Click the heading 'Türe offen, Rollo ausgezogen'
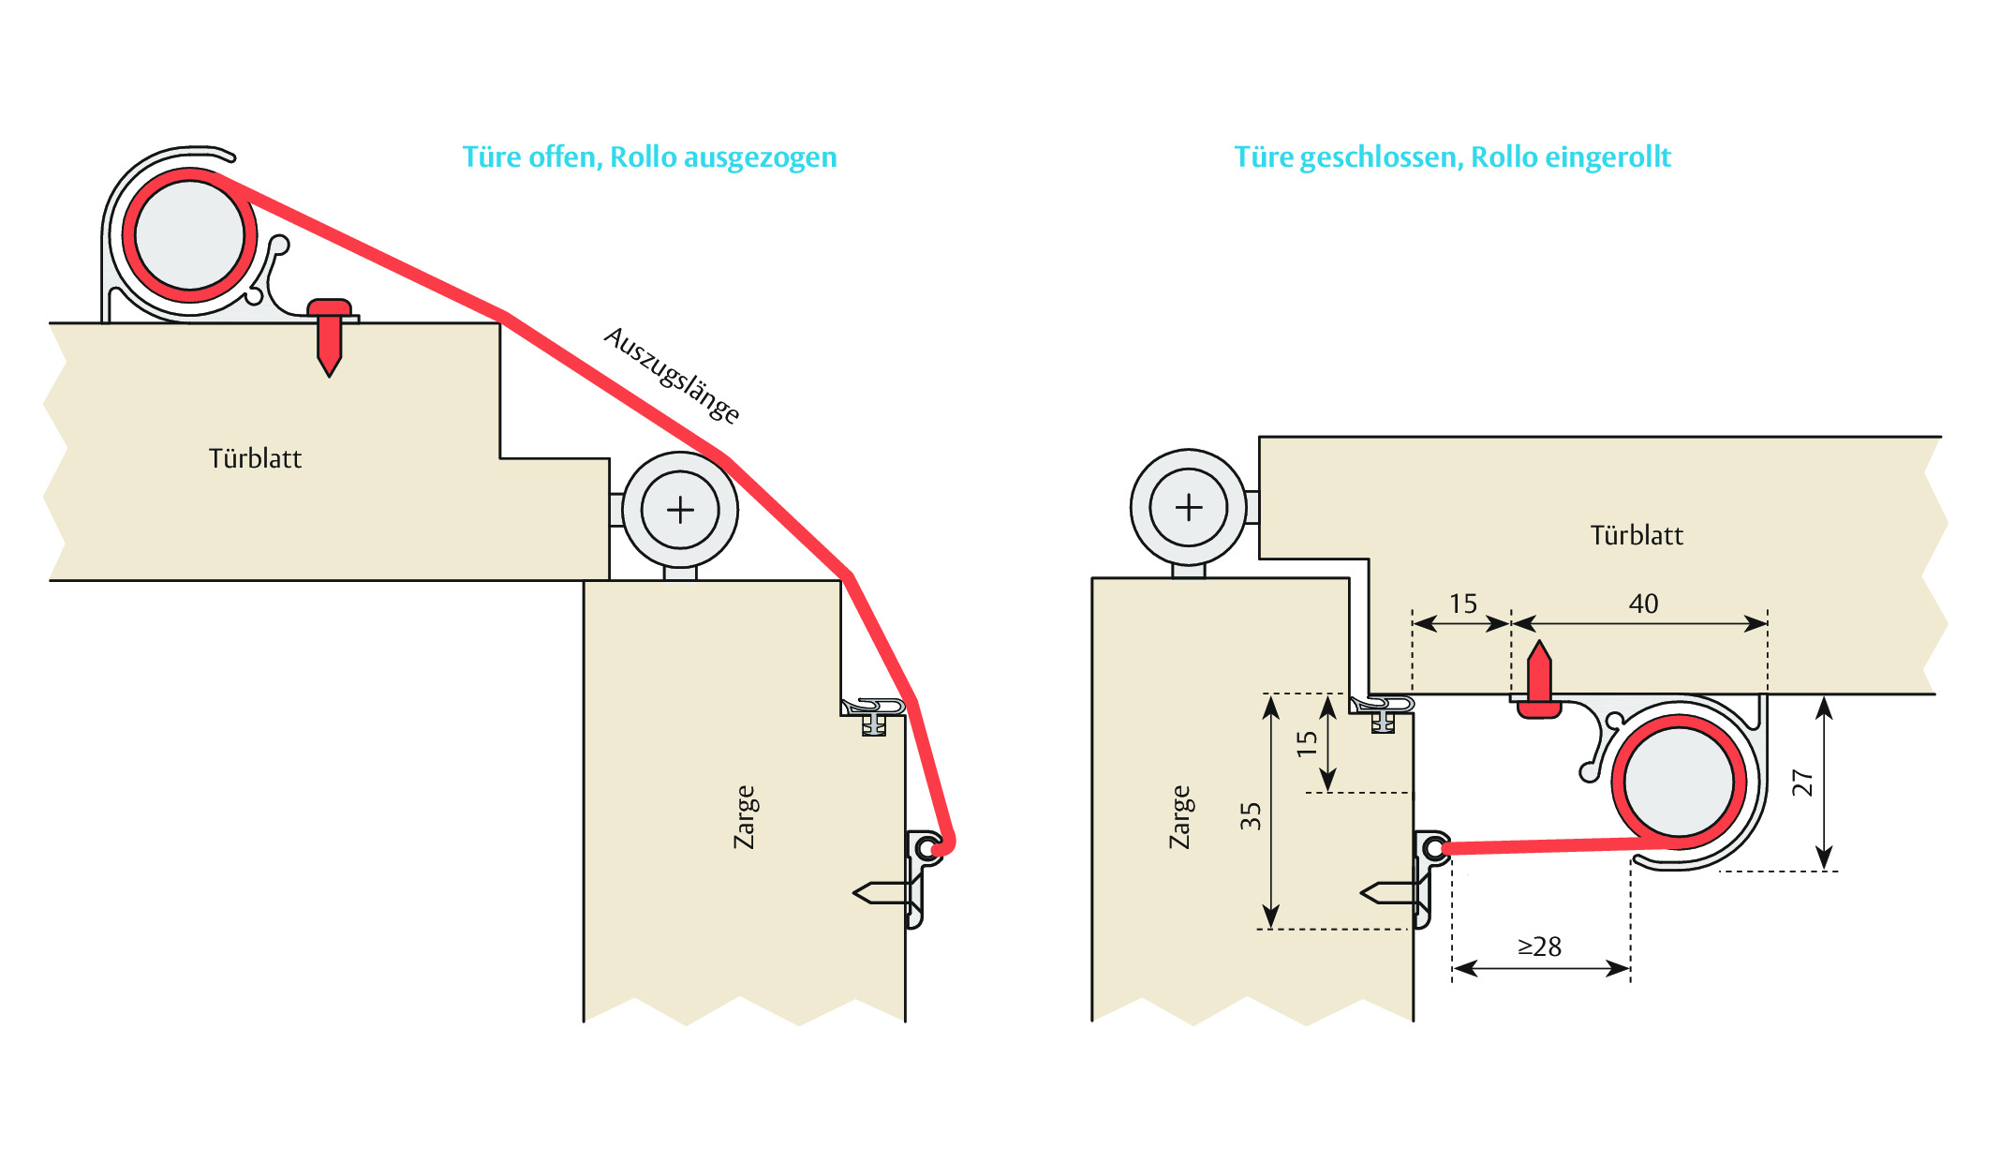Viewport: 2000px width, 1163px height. coord(649,157)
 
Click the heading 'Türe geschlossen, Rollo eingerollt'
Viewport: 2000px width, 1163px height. coord(1452,157)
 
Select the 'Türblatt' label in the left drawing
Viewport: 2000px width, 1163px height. coord(255,458)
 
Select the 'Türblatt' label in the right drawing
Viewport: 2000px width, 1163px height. coord(1637,535)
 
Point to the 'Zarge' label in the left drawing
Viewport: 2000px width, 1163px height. coord(745,817)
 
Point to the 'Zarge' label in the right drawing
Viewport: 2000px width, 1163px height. coord(1180,817)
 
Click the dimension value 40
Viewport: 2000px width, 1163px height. coord(1643,604)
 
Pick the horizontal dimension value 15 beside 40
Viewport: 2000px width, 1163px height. coord(1463,604)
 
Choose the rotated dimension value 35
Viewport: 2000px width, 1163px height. coord(1251,816)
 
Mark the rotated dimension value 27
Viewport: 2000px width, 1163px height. coord(1802,783)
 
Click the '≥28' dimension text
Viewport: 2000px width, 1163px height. coord(1539,947)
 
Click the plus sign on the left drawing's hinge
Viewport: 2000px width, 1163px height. coord(680,511)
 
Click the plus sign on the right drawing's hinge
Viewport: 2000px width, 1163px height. coord(1189,508)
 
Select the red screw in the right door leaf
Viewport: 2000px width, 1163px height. coord(1539,681)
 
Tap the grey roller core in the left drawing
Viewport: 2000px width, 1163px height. coord(190,235)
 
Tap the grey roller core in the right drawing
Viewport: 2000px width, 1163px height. coord(1679,783)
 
